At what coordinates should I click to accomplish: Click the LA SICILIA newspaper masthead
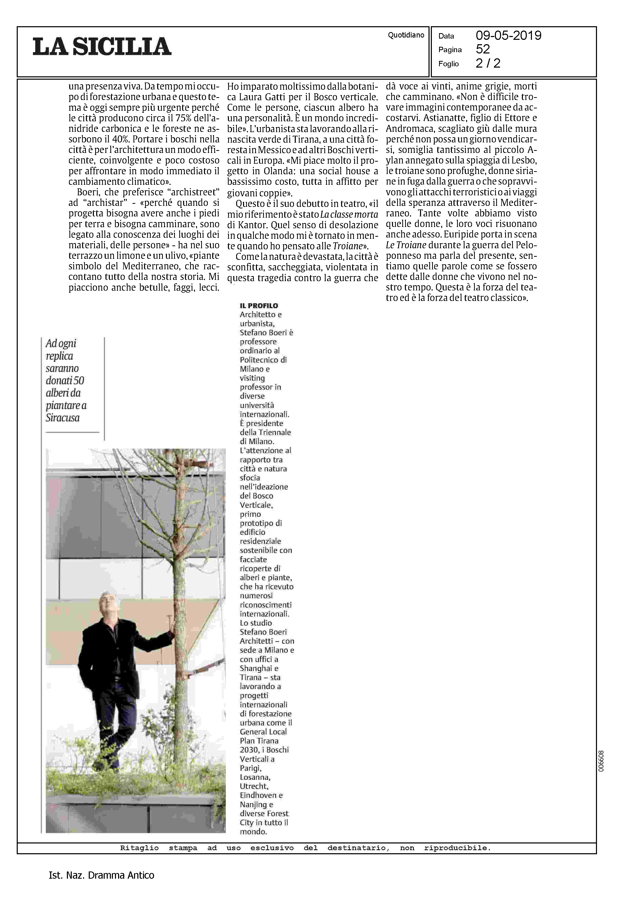[x=102, y=47]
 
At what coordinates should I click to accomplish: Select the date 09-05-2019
[x=509, y=36]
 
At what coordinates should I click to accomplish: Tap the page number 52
[x=483, y=49]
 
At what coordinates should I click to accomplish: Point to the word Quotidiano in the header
[x=406, y=35]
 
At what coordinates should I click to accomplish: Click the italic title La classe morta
[x=349, y=214]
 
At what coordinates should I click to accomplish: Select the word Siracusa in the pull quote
[x=63, y=418]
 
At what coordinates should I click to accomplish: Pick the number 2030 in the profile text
[x=248, y=750]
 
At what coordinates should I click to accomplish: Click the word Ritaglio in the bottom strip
[x=139, y=848]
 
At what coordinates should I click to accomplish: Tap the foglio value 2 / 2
[x=488, y=63]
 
